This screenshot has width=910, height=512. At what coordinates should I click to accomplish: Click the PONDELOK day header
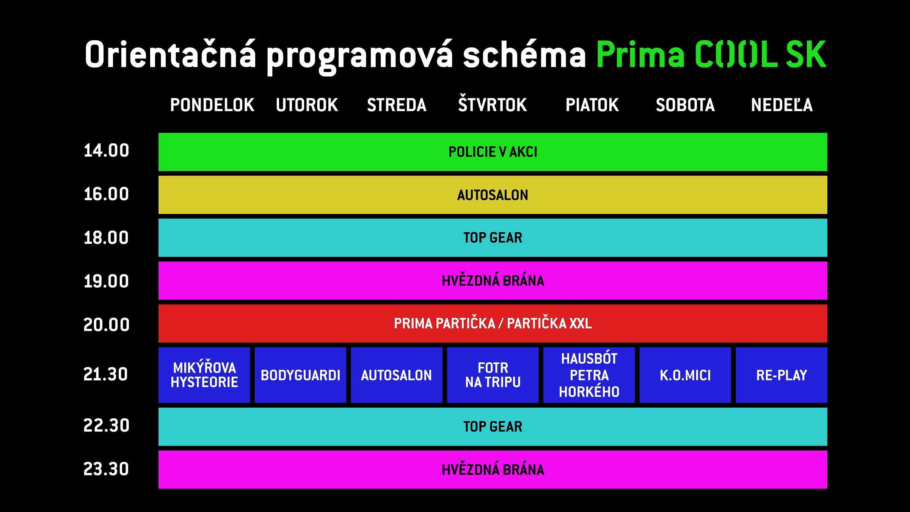(x=212, y=105)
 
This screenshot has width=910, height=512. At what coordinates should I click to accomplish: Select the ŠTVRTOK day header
(x=492, y=104)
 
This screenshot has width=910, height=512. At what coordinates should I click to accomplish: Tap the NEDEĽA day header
(x=782, y=105)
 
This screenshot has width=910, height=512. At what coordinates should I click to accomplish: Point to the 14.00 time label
(x=106, y=151)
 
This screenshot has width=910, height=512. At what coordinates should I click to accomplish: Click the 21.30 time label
(x=106, y=374)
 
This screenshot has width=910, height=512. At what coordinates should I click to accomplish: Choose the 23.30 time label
(x=106, y=469)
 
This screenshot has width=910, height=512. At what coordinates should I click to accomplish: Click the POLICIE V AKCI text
(x=493, y=152)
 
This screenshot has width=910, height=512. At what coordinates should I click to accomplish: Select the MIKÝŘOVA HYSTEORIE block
(x=204, y=375)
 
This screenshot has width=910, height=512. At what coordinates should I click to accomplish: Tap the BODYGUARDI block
(x=300, y=375)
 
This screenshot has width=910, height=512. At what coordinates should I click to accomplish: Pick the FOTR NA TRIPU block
(x=493, y=375)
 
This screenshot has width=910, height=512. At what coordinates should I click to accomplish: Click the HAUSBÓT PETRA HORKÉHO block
(x=589, y=375)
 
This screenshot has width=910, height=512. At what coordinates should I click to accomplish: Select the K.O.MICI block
(x=685, y=375)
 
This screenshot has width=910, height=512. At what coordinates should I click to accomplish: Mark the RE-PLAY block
(x=781, y=375)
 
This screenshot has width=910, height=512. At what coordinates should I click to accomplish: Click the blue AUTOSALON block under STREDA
(x=397, y=375)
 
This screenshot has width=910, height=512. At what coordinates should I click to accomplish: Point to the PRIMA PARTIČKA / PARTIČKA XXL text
(x=493, y=323)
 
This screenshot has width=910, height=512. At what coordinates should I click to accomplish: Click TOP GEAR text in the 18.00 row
(x=493, y=238)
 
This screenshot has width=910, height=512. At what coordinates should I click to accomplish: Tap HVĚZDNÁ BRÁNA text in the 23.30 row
(x=493, y=470)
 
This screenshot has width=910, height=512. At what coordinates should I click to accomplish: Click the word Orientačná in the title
(x=171, y=54)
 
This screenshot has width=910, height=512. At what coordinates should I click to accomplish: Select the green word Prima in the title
(x=640, y=54)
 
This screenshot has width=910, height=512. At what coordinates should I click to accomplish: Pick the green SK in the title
(x=806, y=54)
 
